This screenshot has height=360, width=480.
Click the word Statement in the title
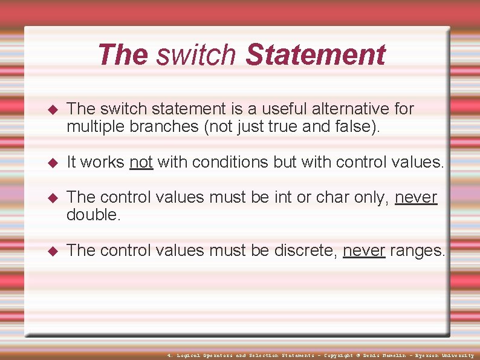point(315,54)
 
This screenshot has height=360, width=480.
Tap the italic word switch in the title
point(196,54)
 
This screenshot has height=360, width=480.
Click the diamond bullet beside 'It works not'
point(52,163)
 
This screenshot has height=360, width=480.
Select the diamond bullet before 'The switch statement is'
point(52,110)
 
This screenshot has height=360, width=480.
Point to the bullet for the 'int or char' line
point(52,198)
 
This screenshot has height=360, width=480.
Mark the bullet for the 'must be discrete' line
point(52,251)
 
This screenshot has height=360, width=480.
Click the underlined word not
point(141,162)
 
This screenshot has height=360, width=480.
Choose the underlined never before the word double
point(415,197)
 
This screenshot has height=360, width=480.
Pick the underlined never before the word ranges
point(364,250)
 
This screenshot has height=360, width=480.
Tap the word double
point(94,215)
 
